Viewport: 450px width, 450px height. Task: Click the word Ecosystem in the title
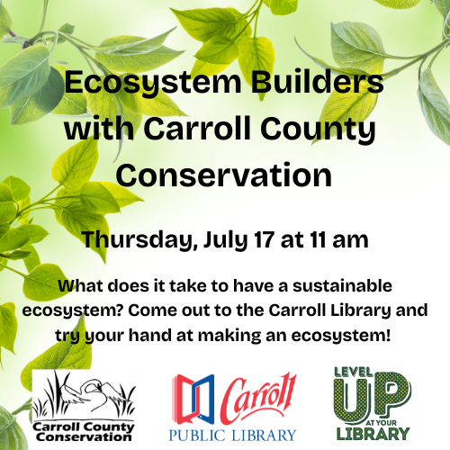(153, 83)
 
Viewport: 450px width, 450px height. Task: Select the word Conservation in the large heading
(224, 175)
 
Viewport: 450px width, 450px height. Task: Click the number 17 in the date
(265, 239)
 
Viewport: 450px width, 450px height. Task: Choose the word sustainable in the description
(342, 285)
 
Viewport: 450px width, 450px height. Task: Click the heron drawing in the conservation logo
(84, 394)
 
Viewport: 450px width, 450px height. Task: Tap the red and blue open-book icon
(193, 400)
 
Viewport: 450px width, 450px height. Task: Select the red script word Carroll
(258, 397)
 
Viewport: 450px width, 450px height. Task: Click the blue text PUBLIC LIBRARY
(232, 435)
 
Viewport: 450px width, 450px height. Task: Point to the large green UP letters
(372, 397)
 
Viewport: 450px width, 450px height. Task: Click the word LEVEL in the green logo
(354, 373)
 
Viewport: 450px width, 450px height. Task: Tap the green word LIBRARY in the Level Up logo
(373, 434)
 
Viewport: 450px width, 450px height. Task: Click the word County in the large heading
(318, 129)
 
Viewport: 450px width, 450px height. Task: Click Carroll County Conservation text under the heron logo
(84, 432)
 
